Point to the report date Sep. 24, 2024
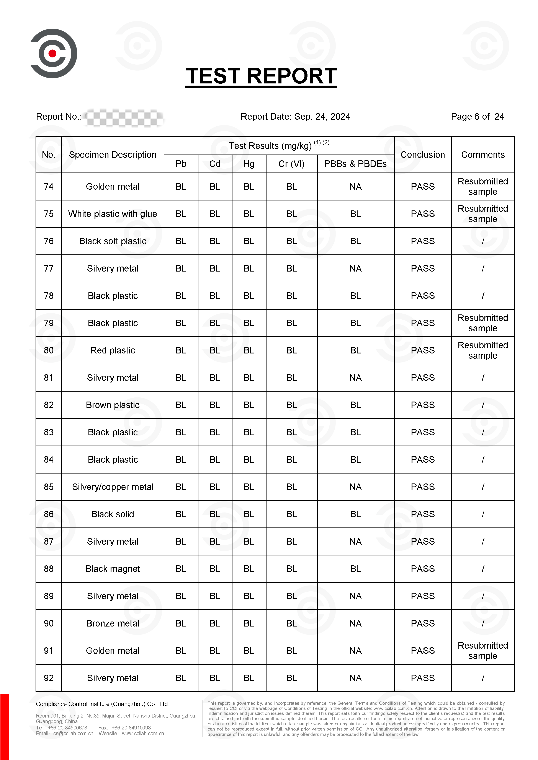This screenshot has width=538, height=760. tap(295, 117)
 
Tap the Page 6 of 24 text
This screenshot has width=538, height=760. tap(477, 117)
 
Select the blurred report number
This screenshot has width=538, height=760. tap(124, 117)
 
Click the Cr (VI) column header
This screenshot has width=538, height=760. tap(291, 164)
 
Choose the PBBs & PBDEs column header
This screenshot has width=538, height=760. tap(355, 164)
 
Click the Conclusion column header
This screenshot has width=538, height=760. tap(422, 155)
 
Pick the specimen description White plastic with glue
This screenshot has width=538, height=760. tap(113, 214)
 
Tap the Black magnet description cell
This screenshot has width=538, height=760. tap(113, 569)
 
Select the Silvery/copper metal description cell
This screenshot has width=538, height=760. tap(113, 487)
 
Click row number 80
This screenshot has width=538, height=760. tap(49, 350)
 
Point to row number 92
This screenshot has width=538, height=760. tap(49, 678)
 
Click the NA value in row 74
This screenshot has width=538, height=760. tap(355, 187)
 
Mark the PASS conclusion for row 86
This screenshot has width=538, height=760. tap(422, 514)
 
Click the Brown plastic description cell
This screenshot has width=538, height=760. tap(113, 405)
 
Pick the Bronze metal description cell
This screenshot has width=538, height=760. tap(113, 623)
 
